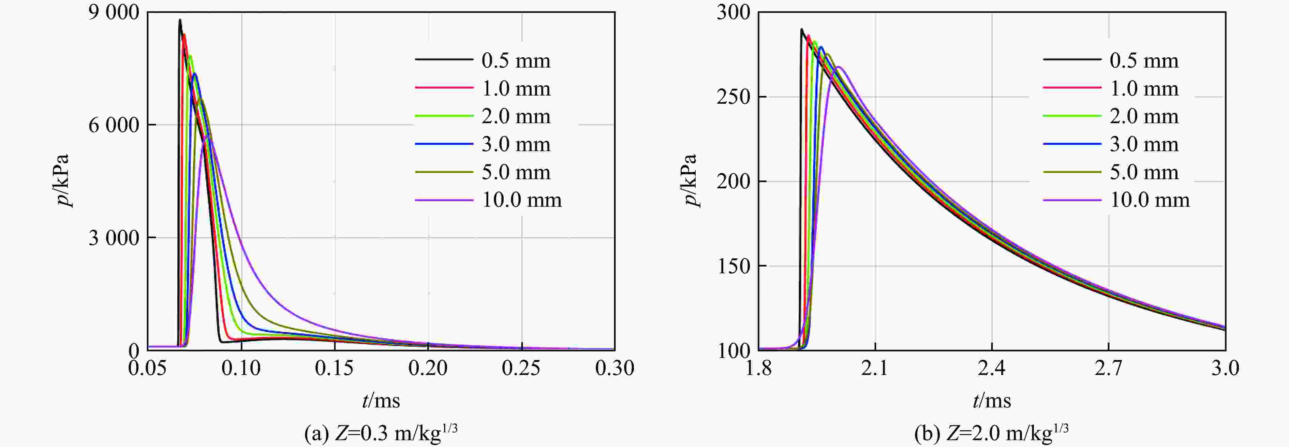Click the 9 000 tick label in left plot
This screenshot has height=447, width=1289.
click(114, 13)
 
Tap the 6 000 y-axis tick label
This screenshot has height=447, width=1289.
click(114, 125)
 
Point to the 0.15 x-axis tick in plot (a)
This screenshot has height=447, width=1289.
click(334, 369)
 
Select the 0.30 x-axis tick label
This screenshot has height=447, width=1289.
click(614, 369)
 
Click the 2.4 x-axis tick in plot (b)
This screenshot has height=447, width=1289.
click(991, 369)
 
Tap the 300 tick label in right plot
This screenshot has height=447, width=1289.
click(734, 13)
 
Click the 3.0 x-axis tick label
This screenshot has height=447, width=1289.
click(1225, 369)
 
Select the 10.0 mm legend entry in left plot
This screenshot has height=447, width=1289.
click(521, 200)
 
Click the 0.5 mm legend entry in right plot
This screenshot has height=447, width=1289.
click(1144, 61)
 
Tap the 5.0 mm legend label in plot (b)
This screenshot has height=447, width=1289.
click(1144, 172)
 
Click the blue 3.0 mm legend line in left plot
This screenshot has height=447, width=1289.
click(444, 144)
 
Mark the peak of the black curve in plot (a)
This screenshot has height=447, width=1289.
click(180, 20)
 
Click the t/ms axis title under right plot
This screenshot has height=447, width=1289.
click(992, 401)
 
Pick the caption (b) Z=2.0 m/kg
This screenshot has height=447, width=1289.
click(991, 433)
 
